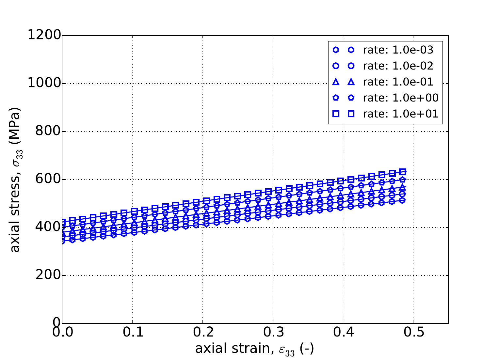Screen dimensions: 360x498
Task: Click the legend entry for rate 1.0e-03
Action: [x=398, y=50]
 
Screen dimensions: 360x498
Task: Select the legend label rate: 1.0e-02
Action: [x=398, y=66]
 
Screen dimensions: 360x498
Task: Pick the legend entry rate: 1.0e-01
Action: [x=398, y=82]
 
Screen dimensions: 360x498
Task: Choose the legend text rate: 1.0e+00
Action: [x=400, y=98]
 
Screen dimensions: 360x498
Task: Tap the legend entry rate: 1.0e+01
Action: [x=400, y=114]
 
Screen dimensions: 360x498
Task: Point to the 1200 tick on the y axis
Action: [x=44, y=35]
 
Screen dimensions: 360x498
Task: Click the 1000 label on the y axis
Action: [x=44, y=83]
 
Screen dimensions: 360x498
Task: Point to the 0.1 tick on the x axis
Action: [x=132, y=333]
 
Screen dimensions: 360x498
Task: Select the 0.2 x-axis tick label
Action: [x=202, y=333]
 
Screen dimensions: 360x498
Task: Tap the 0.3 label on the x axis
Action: [x=273, y=333]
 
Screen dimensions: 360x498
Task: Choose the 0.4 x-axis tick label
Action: [x=343, y=333]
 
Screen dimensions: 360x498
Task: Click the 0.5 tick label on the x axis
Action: [x=413, y=333]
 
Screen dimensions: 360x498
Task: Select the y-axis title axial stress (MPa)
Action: [x=15, y=180]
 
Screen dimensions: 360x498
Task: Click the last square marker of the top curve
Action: [x=403, y=172]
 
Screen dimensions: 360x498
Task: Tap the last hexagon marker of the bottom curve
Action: [x=403, y=200]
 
